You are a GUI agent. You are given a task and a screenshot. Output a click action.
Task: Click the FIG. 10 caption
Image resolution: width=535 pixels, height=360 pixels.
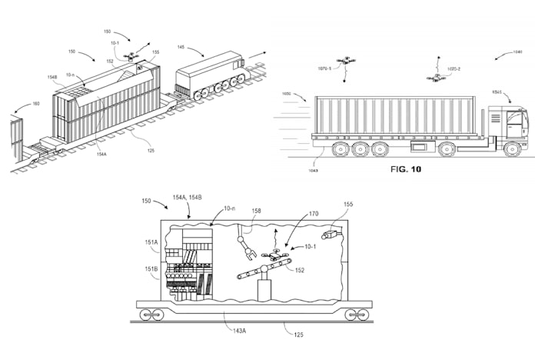(406, 168)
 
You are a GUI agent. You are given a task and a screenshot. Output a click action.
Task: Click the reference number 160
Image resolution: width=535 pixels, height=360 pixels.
(35, 102)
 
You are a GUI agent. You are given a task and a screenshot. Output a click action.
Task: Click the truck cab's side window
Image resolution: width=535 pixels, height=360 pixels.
(512, 120)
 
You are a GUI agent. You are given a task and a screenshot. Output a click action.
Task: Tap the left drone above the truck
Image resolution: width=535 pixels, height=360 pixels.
(347, 59)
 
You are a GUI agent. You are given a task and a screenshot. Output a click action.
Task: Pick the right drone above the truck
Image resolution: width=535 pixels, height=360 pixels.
(437, 77)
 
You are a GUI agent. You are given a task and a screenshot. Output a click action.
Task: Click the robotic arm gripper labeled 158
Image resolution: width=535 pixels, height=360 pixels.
(248, 250)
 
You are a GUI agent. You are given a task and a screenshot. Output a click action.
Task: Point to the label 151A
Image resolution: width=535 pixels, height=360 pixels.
(151, 242)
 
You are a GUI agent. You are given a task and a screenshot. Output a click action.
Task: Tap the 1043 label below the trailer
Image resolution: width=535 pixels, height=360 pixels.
(314, 158)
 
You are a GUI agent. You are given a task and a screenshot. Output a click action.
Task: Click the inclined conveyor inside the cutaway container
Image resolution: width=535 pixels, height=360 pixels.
(262, 272)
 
